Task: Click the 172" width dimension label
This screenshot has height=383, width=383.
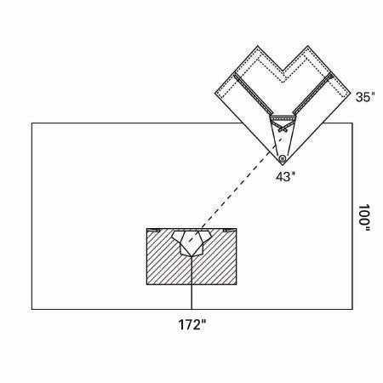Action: click(191, 324)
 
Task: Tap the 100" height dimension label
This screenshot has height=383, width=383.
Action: click(364, 218)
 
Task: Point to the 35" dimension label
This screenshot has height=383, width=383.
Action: click(365, 97)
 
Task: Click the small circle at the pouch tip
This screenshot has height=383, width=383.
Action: click(282, 158)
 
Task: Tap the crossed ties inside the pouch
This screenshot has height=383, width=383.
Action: click(283, 127)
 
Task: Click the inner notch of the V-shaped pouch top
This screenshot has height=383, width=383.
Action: click(283, 70)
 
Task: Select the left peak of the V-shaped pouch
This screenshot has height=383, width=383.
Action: click(258, 46)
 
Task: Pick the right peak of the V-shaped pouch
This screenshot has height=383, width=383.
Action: click(308, 46)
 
